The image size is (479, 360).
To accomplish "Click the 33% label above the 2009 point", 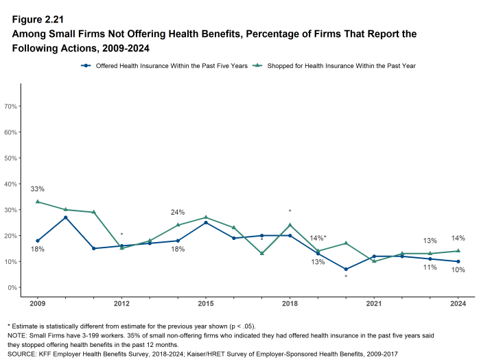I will (x=37, y=189).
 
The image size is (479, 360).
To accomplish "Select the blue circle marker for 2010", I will (x=65, y=217).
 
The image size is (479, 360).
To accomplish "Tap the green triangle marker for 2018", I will (x=290, y=225).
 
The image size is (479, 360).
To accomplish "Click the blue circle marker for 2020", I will (x=346, y=269).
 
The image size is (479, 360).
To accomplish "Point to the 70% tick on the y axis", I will (x=11, y=106).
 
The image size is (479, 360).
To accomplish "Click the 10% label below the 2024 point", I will (x=458, y=270).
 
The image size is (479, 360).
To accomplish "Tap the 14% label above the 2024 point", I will (x=458, y=238).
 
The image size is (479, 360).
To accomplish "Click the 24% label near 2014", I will (x=178, y=212).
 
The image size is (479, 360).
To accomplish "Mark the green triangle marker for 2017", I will (x=261, y=253).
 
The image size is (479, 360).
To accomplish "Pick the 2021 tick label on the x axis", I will (x=374, y=303).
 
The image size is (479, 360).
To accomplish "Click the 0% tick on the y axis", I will (x=13, y=287).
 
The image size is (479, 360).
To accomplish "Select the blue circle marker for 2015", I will (x=205, y=223).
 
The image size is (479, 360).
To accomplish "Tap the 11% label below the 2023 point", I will (x=430, y=267).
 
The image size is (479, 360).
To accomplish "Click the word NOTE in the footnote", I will (x=17, y=335).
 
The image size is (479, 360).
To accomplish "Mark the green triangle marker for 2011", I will (x=93, y=212).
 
